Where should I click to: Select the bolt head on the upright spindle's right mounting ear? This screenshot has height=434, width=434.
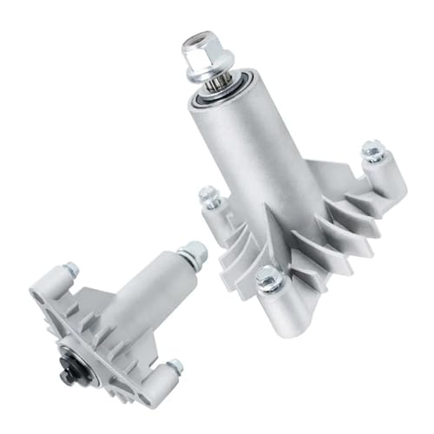372,151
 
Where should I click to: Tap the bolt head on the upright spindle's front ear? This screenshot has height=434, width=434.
268,277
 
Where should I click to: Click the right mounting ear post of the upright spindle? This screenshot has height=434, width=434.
383,177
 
